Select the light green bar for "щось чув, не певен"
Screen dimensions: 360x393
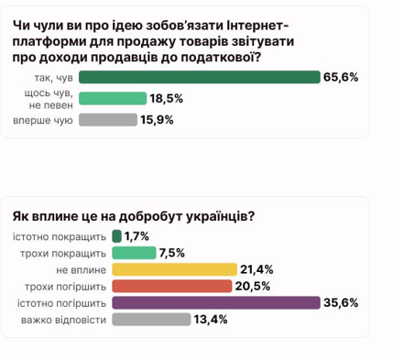pyautogui.click(x=113, y=99)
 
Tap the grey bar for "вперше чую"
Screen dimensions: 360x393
pyautogui.click(x=107, y=119)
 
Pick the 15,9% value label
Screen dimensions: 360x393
pyautogui.click(x=158, y=119)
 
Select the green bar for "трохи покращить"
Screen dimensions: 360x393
pyautogui.click(x=133, y=253)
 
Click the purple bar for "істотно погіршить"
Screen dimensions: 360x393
pyautogui.click(x=215, y=302)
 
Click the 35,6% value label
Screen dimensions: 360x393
pyautogui.click(x=343, y=302)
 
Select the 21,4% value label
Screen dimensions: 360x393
pyautogui.click(x=257, y=269)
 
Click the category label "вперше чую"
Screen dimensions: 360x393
pyautogui.click(x=43, y=119)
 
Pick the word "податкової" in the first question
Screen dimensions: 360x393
pyautogui.click(x=218, y=57)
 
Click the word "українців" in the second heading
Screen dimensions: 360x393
pyautogui.click(x=222, y=216)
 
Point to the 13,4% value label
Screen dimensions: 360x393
pyautogui.click(x=210, y=320)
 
